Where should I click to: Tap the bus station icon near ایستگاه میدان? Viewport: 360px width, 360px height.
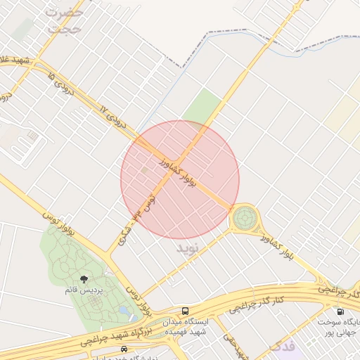185,311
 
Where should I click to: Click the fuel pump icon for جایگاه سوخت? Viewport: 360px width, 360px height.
340,311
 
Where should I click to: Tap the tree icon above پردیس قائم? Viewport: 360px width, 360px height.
84,280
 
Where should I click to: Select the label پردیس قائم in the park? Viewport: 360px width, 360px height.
84,290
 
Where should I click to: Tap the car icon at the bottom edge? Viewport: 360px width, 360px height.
124,349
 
